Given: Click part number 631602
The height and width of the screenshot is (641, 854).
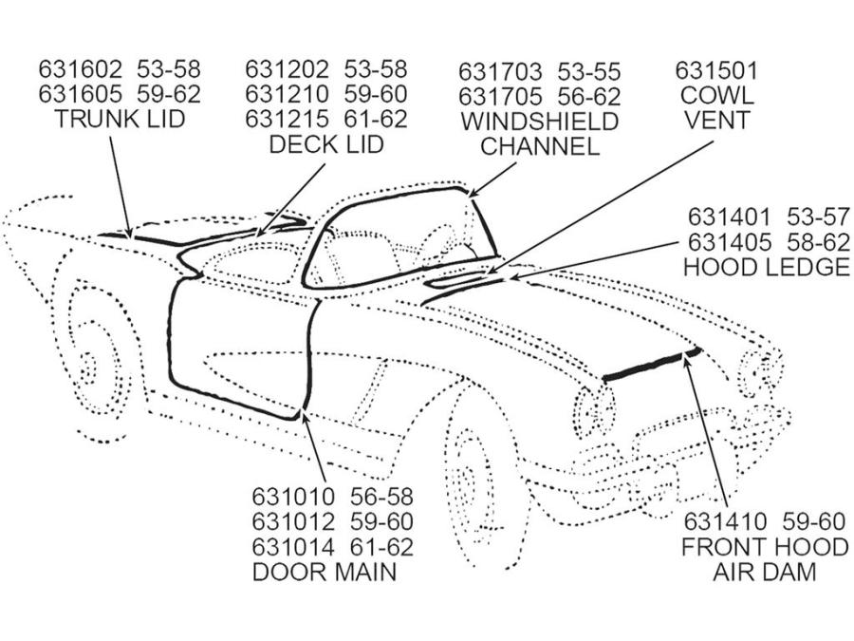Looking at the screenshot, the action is point(81,69).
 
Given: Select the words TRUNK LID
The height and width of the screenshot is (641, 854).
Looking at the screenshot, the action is point(120,119).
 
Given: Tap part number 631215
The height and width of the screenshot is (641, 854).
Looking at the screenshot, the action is point(287,119).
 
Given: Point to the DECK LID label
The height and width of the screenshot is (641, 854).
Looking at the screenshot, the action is point(326,144).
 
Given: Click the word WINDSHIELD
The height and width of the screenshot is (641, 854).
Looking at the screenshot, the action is point(540,121).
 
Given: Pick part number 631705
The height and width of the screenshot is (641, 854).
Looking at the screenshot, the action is point(500,97).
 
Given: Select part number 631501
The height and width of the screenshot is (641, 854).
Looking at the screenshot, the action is point(716,70).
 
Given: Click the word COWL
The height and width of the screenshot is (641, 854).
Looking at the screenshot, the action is point(716,95).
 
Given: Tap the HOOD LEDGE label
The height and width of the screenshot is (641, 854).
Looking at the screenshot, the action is point(767,267).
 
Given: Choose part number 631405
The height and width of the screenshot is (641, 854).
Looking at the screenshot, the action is point(730,242).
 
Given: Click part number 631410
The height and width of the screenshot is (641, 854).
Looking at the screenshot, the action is point(726,521).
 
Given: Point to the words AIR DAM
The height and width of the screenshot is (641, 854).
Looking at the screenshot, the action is point(765,572).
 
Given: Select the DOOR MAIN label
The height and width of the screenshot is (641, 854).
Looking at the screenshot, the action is point(325,572).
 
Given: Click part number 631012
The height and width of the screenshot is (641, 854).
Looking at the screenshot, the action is point(293,521).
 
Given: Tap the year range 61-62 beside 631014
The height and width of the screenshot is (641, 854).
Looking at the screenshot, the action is point(381,547).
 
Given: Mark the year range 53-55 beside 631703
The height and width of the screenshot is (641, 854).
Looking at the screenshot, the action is point(588,71).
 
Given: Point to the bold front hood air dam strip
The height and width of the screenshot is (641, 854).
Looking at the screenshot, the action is point(651,364).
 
